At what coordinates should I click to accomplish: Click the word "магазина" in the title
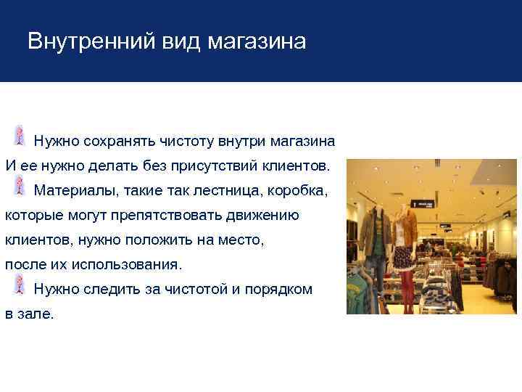pos(257,41)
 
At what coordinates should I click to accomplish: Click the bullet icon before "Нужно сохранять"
pos(20,135)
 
